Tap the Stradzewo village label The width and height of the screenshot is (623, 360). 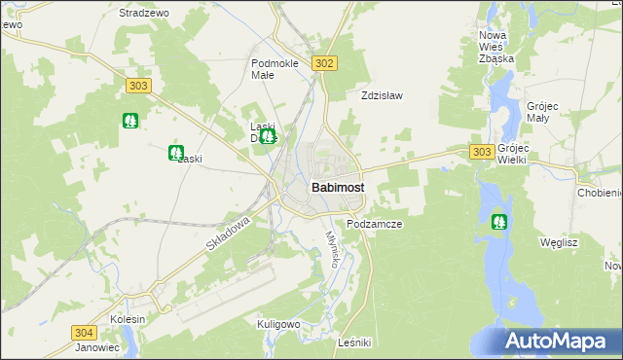click(143, 14)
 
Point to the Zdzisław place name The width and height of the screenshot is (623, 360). click(382, 96)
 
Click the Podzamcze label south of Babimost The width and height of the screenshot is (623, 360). click(374, 224)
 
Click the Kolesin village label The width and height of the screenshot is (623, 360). click(128, 319)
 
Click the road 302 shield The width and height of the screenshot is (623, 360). click(325, 63)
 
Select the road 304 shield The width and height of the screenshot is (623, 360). click(83, 332)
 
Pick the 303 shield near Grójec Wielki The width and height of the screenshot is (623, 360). click(481, 152)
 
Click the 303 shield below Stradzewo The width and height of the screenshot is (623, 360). click(138, 87)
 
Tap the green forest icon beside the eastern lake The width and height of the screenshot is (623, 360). click(499, 221)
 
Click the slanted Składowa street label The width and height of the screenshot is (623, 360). click(229, 235)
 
